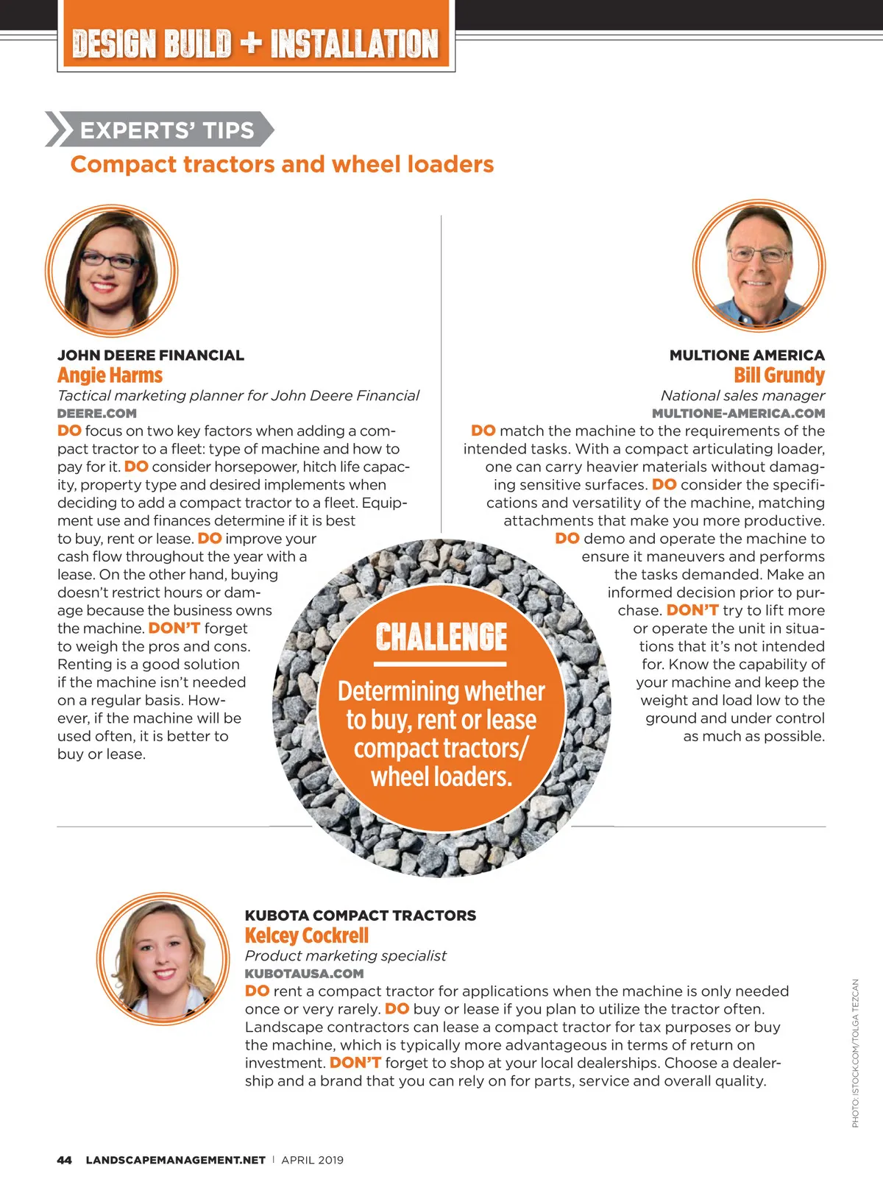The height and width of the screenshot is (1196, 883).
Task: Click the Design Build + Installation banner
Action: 255,43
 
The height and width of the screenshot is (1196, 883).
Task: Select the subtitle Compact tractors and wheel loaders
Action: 282,164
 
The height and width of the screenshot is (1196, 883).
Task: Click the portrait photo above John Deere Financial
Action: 111,270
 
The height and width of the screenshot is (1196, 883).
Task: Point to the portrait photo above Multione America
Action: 759,265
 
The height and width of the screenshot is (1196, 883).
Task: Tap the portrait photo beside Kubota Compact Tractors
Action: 163,958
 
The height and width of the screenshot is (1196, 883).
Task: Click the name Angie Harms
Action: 110,375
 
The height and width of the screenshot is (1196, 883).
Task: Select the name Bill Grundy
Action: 779,375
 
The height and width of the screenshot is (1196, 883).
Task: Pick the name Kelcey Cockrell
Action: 306,935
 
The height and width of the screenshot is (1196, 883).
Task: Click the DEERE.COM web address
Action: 96,414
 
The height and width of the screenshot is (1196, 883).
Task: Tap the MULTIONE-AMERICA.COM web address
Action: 738,414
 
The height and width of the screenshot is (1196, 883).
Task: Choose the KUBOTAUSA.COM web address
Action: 304,974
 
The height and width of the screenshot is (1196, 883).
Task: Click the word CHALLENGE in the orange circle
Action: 441,637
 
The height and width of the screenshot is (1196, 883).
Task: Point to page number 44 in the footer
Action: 64,1160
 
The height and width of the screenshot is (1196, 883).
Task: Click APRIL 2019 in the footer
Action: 312,1160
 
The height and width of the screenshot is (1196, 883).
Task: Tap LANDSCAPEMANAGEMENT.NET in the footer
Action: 175,1160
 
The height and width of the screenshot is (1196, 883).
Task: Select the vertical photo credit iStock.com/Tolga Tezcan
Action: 855,1052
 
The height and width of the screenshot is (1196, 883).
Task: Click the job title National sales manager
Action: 742,395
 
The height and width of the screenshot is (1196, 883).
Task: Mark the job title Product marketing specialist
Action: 345,955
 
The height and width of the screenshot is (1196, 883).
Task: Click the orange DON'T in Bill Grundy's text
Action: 692,610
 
